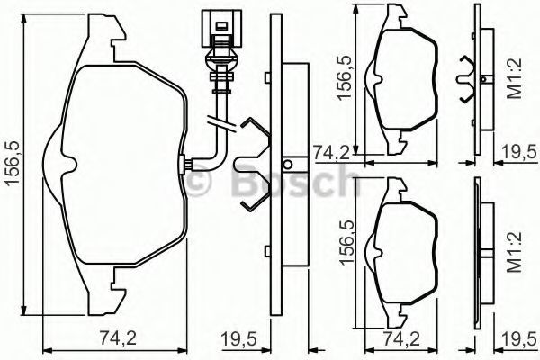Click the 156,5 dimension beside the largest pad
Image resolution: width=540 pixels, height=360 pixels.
tap(13, 164)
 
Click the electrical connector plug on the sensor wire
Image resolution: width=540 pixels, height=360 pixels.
tap(221, 29)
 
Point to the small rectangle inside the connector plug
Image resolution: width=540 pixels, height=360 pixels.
tap(220, 26)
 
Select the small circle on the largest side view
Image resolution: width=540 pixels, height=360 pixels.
tap(288, 165)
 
